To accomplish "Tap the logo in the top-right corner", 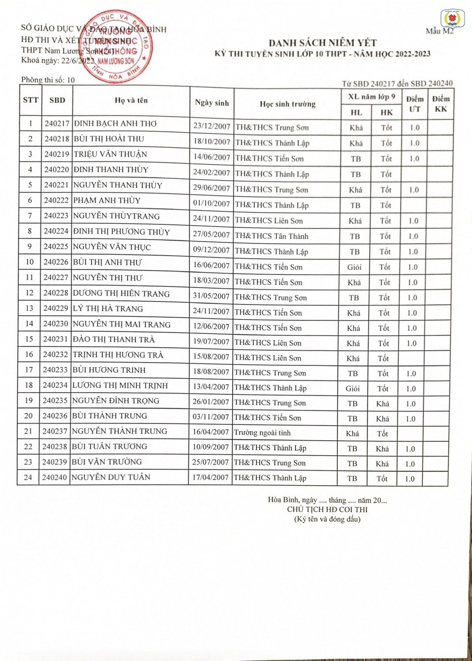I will point(452,19).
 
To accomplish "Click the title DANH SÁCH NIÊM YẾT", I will point(323,43).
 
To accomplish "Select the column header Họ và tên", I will point(131,100).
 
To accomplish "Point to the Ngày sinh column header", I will point(212,103).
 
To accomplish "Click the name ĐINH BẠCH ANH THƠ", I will point(115,124).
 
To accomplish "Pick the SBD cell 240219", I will point(57,154).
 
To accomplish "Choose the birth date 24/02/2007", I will point(212,172).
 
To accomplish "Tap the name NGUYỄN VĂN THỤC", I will point(112,247).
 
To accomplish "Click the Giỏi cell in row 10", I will point(354,267).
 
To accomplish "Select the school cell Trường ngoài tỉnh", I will point(262,433).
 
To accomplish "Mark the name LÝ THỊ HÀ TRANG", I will point(108,308).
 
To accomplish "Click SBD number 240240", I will point(54,477).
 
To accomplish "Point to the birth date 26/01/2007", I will point(211,402).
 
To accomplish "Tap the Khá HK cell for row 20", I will point(383,419).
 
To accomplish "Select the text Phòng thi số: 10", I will point(48,80).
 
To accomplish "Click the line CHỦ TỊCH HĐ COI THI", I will point(327,509).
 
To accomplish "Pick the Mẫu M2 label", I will point(439,31).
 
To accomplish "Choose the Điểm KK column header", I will point(441,104).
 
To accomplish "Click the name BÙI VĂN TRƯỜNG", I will point(107,462).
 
